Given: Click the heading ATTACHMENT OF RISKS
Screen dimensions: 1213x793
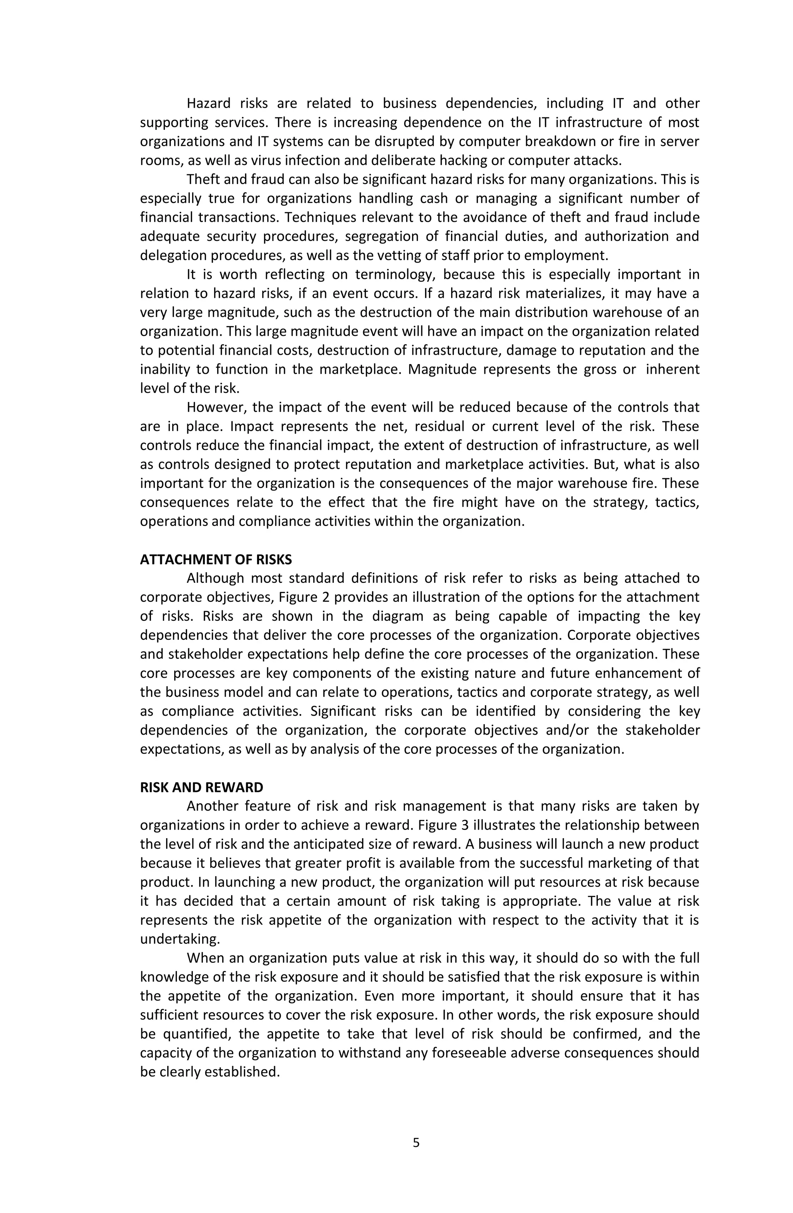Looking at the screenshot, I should pyautogui.click(x=216, y=560).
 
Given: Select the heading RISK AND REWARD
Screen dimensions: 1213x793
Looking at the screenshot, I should pyautogui.click(x=201, y=787).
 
